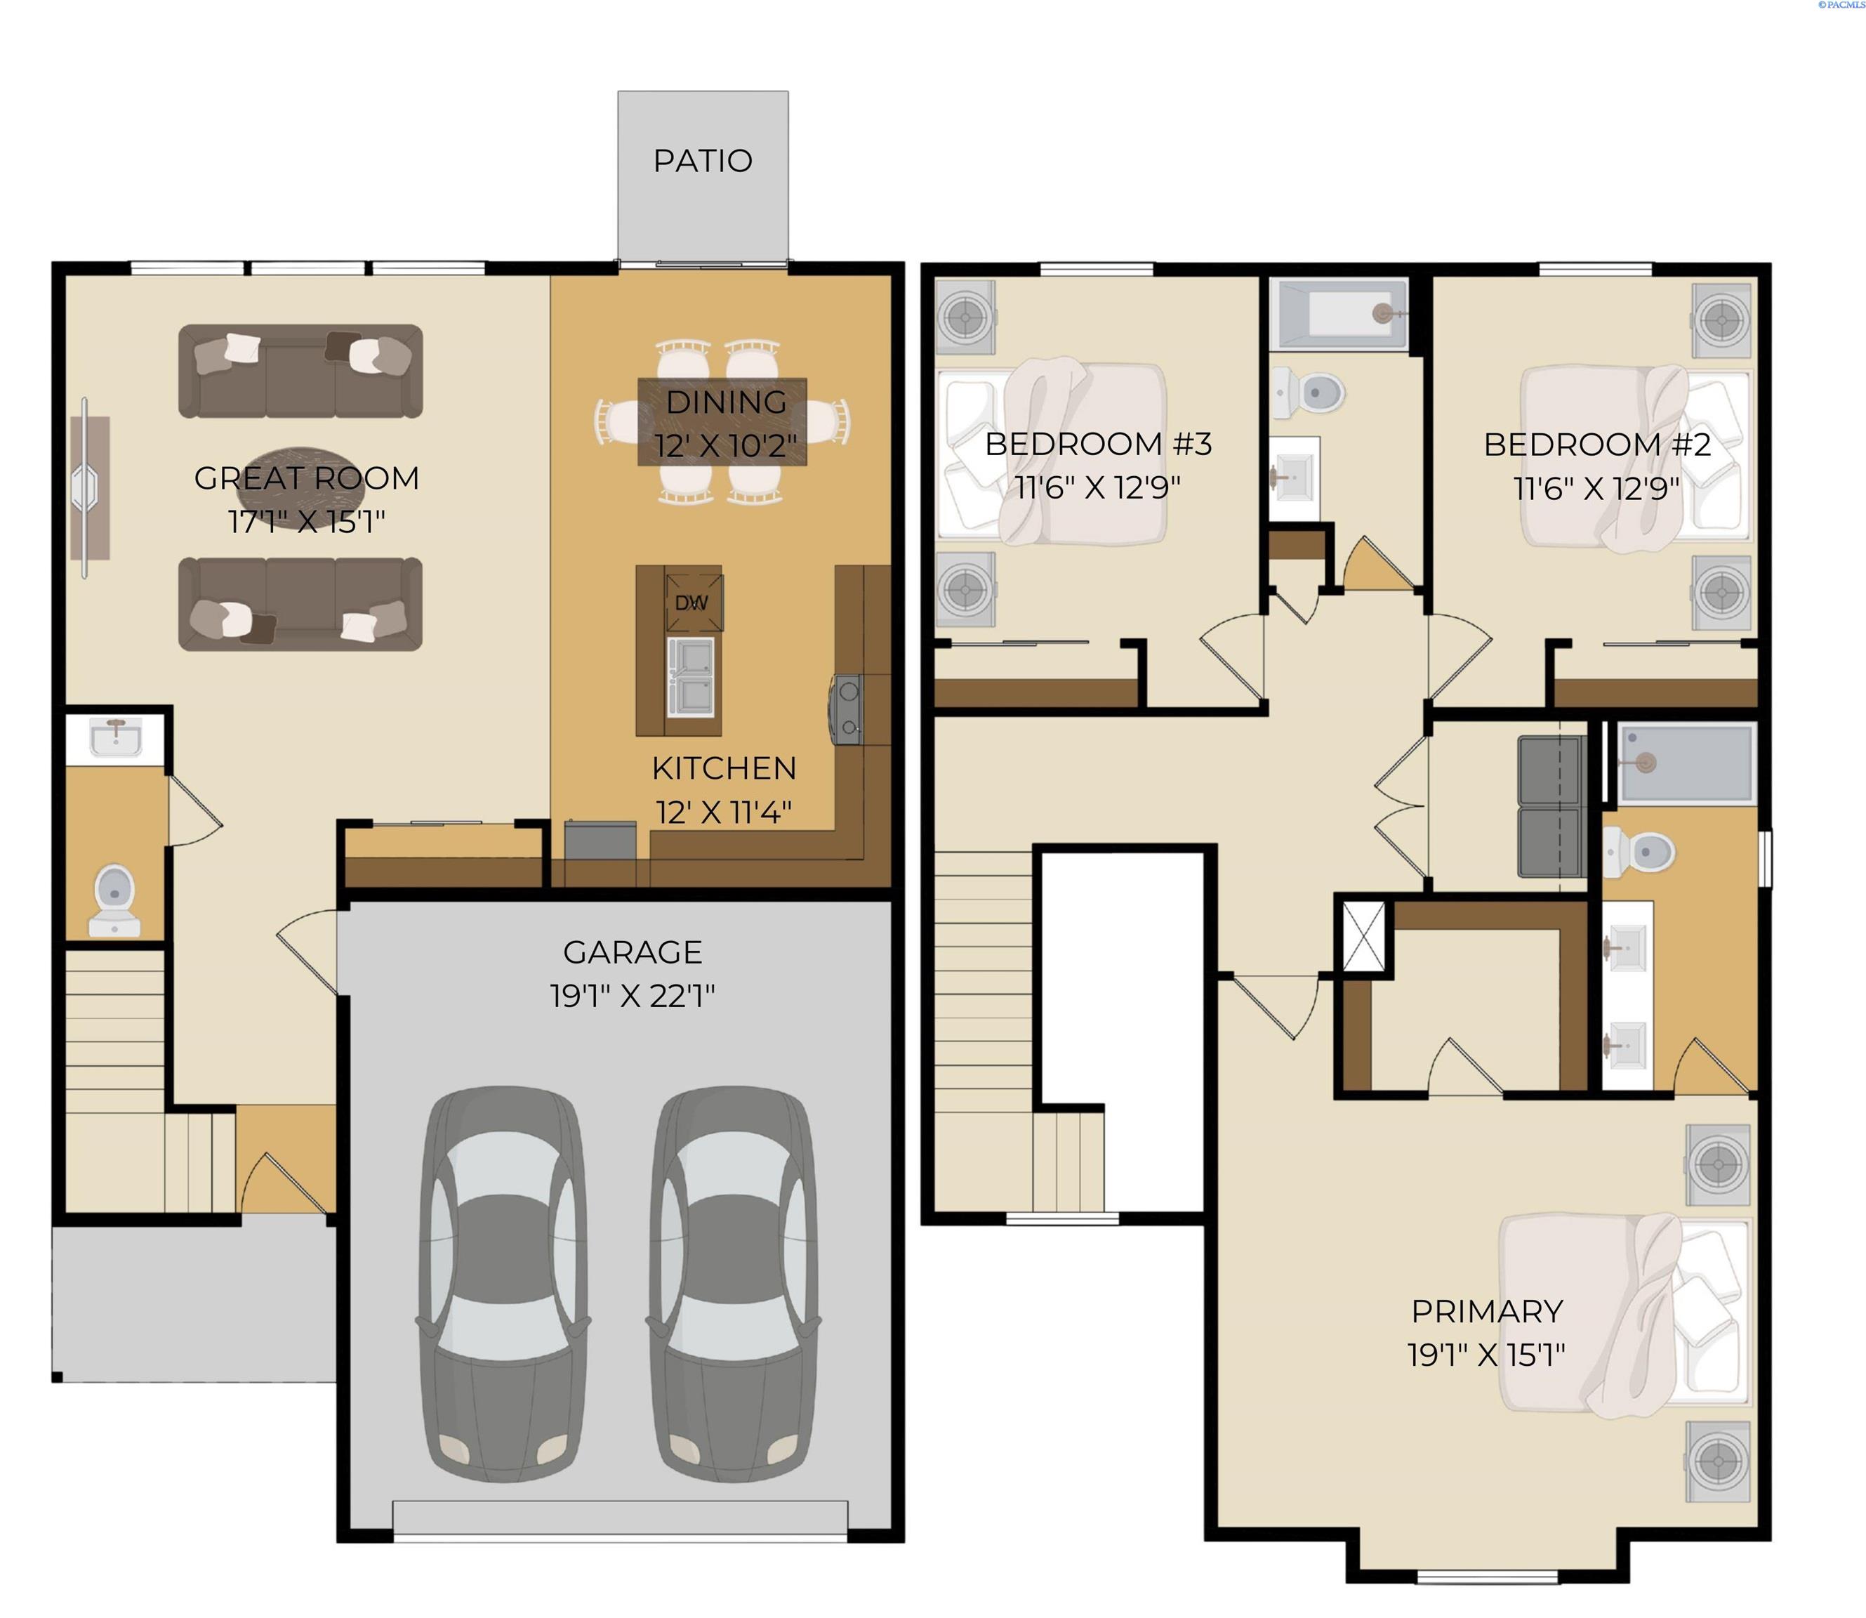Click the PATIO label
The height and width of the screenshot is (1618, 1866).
[x=702, y=161]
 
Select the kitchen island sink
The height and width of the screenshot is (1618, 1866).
[x=692, y=676]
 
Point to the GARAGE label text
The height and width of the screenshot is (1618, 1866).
[x=632, y=952]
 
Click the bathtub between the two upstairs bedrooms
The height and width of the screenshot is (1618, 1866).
[x=1338, y=314]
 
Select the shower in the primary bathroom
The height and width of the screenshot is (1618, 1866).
[x=1686, y=763]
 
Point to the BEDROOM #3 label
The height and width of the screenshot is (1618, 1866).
[x=1098, y=445]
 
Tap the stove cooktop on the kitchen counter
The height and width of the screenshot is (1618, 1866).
[x=846, y=710]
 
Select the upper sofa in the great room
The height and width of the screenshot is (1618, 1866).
[x=300, y=371]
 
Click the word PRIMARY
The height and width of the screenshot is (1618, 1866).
[x=1487, y=1311]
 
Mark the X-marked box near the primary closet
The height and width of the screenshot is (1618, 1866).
[x=1363, y=936]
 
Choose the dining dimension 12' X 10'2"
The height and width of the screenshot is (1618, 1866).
[x=726, y=446]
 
